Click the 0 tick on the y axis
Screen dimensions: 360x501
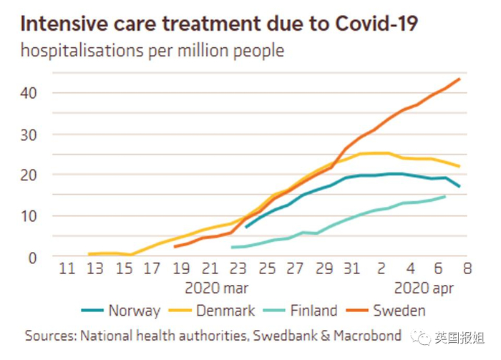tap(32, 256)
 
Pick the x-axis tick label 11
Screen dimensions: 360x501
tap(67, 269)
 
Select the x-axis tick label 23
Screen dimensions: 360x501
tap(238, 269)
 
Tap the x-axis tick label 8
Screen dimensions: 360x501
tap(467, 269)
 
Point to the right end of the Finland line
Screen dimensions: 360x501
tap(445, 196)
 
